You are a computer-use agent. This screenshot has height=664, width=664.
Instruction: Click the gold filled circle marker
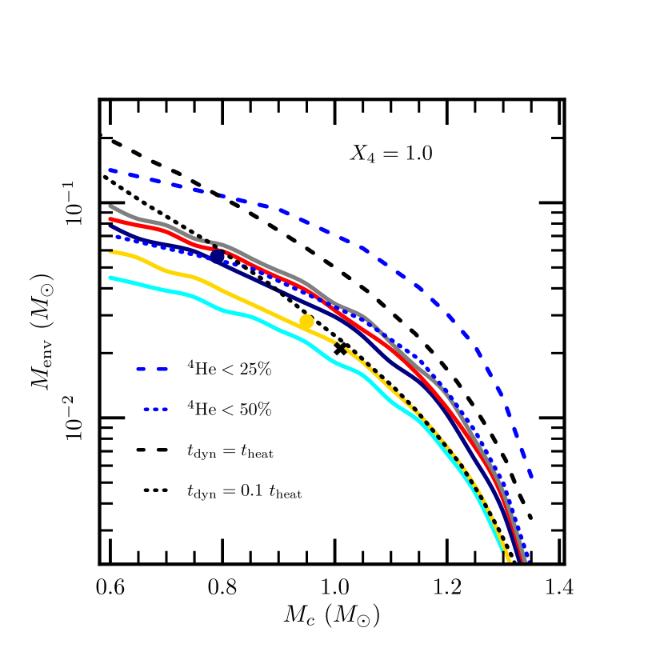point(306,322)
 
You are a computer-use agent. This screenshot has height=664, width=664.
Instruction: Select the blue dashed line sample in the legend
point(152,369)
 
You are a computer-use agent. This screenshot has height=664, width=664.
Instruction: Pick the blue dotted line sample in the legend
point(155,410)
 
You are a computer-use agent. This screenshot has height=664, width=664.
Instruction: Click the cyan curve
point(240,314)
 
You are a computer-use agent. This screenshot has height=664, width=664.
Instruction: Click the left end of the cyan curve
point(110,278)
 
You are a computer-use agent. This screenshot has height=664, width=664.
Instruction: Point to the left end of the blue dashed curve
point(110,170)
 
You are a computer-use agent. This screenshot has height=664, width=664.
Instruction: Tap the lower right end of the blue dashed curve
point(531,478)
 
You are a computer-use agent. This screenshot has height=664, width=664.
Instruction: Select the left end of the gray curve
point(110,206)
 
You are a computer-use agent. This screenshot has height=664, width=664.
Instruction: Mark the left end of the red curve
point(110,218)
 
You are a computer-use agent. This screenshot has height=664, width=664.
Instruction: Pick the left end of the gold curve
point(110,253)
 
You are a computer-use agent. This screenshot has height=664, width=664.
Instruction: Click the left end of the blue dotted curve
point(117,237)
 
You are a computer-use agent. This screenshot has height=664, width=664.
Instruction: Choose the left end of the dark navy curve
point(110,226)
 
